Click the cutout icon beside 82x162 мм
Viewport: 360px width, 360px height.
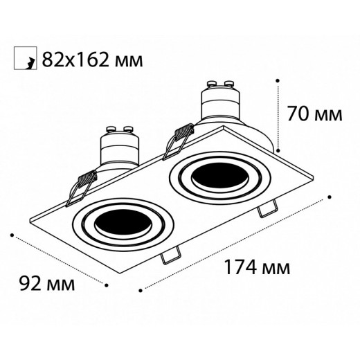click(x=24, y=60)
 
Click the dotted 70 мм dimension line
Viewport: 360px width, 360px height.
click(x=278, y=114)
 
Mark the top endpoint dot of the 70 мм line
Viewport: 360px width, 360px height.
click(x=278, y=79)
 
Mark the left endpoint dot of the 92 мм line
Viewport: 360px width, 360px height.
click(x=13, y=235)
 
